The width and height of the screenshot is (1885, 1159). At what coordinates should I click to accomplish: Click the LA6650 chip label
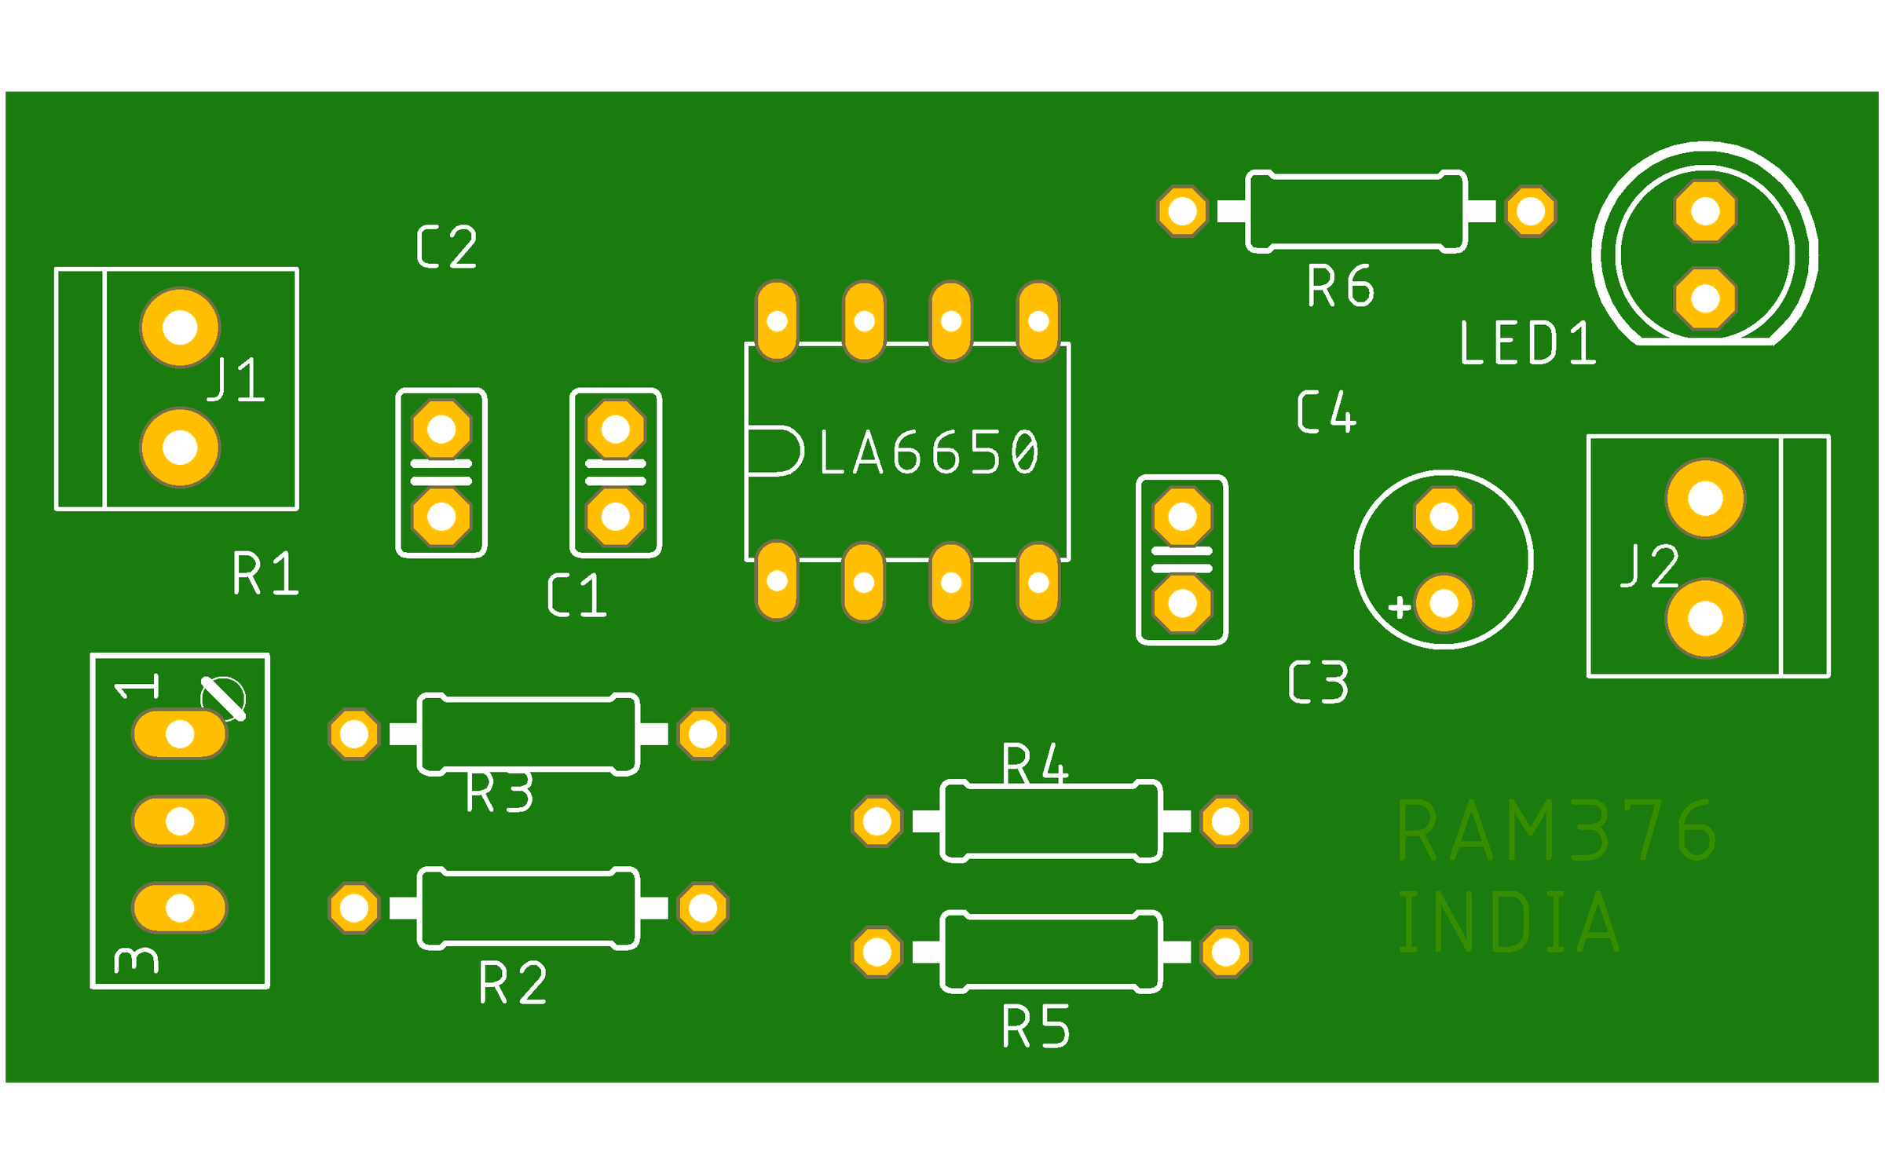929,453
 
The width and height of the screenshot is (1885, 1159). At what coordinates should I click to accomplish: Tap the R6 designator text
1340,287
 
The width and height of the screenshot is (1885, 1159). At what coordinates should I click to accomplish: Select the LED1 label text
1527,344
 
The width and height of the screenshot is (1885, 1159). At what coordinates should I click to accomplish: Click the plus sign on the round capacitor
1400,607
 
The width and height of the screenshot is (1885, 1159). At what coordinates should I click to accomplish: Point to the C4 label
1326,412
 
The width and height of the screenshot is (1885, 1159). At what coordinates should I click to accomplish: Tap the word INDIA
1508,923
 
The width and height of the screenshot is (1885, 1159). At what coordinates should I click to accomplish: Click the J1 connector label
236,380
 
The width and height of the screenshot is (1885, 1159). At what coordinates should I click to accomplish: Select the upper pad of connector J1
180,327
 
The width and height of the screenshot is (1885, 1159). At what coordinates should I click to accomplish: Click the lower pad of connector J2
1705,619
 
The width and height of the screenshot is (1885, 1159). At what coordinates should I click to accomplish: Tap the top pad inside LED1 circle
1705,211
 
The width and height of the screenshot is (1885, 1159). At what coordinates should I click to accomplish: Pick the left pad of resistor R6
1182,211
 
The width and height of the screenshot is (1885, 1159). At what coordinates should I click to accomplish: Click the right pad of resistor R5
1225,952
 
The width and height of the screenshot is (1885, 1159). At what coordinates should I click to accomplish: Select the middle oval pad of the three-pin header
180,821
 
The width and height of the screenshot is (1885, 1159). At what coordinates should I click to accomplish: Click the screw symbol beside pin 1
223,698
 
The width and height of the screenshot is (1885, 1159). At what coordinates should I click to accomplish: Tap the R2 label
512,983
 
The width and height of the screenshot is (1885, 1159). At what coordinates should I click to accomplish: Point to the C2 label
446,247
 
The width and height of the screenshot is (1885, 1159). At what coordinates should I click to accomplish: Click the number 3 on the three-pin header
137,960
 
